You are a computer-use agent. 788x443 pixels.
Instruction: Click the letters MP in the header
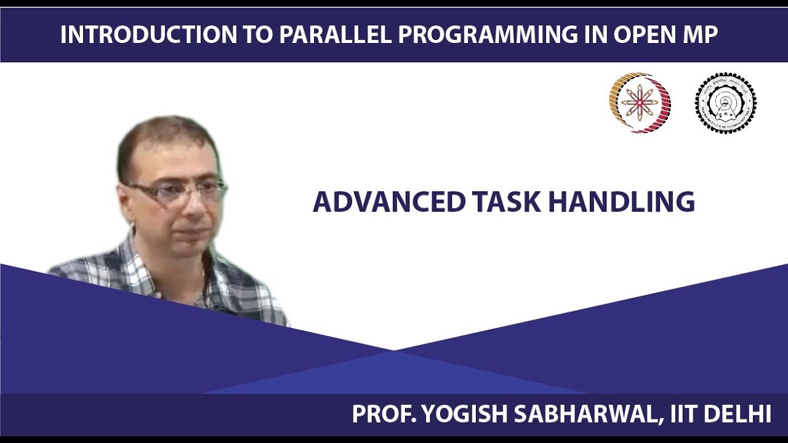tap(699, 35)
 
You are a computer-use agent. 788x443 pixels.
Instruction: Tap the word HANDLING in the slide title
tap(622, 202)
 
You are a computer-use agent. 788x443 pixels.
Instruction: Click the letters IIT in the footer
tap(680, 414)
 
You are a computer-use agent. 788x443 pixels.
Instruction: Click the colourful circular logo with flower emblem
tap(640, 103)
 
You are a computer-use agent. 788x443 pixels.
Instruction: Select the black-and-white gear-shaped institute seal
tap(725, 103)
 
